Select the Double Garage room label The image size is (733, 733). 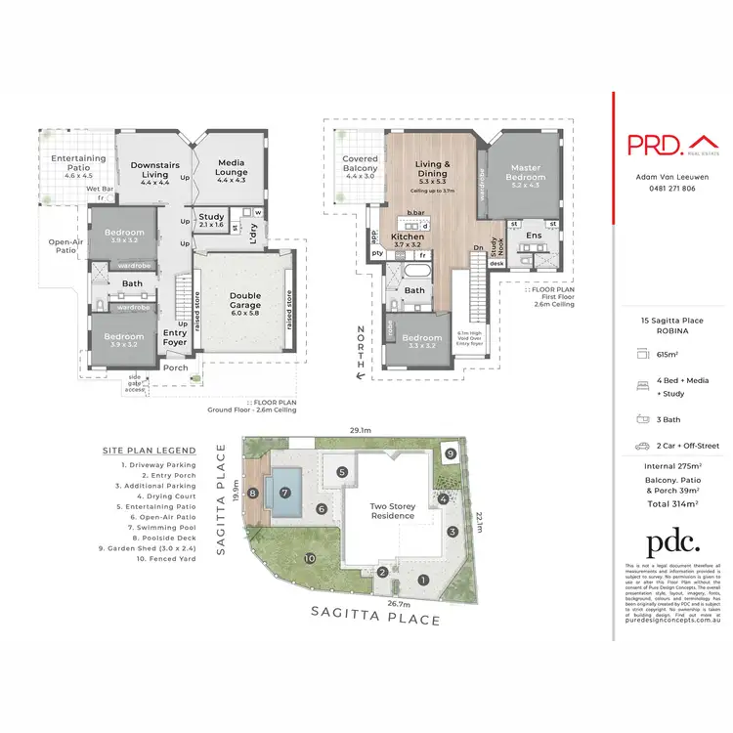click(244, 298)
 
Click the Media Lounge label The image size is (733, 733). click(231, 168)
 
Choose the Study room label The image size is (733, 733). click(211, 221)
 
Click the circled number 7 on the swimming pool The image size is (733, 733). click(284, 493)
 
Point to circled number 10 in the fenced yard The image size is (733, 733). click(310, 558)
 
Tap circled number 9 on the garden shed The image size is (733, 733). click(449, 454)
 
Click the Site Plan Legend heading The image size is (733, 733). click(149, 451)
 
